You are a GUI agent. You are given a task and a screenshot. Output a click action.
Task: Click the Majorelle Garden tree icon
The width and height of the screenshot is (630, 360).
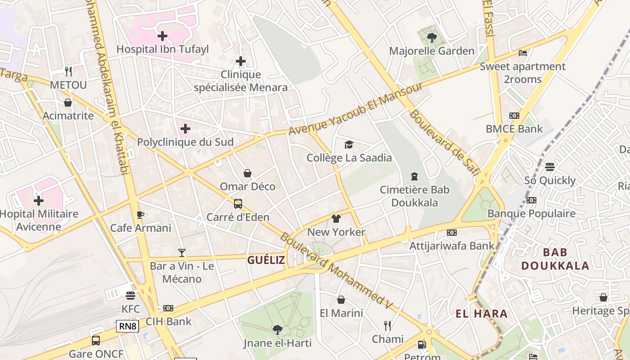[432, 38]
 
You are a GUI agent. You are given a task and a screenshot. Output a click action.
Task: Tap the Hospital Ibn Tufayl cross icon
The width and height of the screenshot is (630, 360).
[162, 36]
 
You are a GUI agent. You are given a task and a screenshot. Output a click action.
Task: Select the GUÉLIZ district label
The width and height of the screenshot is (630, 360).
[266, 260]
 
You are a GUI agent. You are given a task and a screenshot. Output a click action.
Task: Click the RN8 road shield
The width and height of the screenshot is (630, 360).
[127, 326]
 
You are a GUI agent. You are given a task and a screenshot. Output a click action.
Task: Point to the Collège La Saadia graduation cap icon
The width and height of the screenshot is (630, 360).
[349, 144]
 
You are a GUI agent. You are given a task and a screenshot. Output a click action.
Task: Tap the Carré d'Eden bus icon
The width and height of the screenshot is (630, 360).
[238, 204]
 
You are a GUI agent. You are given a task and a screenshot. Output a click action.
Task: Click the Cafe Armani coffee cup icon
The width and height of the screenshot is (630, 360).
[140, 215]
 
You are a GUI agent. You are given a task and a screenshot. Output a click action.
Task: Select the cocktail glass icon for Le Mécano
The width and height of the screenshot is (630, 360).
[182, 252]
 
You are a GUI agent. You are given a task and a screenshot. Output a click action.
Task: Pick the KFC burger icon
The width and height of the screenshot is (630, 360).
[130, 296]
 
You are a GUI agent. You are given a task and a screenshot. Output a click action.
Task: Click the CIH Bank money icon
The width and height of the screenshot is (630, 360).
[168, 308]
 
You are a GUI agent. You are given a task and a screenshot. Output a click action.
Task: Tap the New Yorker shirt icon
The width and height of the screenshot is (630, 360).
[336, 219]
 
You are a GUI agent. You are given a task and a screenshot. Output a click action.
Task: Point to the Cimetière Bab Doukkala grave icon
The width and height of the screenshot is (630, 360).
[414, 176]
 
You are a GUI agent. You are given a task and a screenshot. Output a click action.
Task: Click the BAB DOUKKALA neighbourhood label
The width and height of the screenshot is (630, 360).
[555, 259]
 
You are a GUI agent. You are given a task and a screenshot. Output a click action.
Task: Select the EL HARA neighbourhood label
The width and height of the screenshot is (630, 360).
[481, 314]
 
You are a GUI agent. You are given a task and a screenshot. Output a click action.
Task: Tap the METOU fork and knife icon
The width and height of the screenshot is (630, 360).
[68, 71]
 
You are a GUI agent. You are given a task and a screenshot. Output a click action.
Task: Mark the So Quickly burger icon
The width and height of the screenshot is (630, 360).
[549, 167]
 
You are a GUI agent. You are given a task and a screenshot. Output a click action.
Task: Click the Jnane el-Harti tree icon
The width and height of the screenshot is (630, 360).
[277, 330]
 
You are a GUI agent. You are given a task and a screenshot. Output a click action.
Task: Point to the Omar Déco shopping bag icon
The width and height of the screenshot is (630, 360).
[247, 173]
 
